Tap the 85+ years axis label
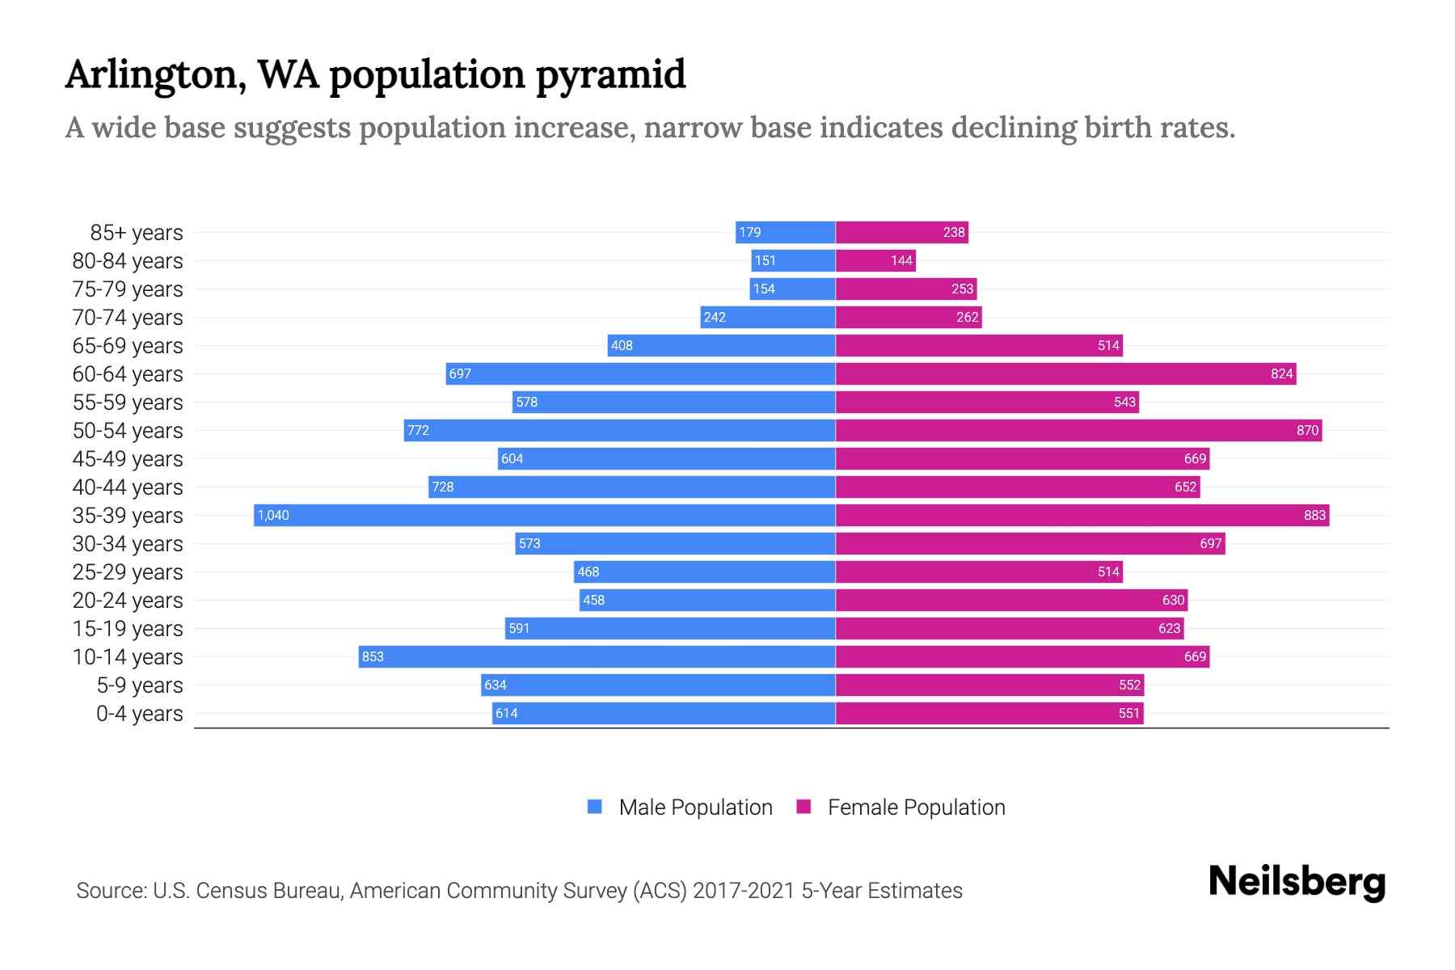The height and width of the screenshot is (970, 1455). pos(136,233)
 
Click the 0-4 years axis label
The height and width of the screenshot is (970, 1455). pos(139,714)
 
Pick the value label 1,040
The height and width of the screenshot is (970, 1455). pos(273,515)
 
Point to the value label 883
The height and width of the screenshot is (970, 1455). pos(1314,515)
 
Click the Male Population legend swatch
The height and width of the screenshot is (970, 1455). pos(595,807)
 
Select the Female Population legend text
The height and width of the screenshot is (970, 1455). pos(916,807)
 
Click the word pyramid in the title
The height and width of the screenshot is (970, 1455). pos(610,74)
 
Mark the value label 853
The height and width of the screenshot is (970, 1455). pos(373,656)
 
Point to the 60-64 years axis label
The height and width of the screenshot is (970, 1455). pos(128,374)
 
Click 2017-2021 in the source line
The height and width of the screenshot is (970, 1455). pos(744,891)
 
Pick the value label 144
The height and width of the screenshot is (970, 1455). pos(901,260)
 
